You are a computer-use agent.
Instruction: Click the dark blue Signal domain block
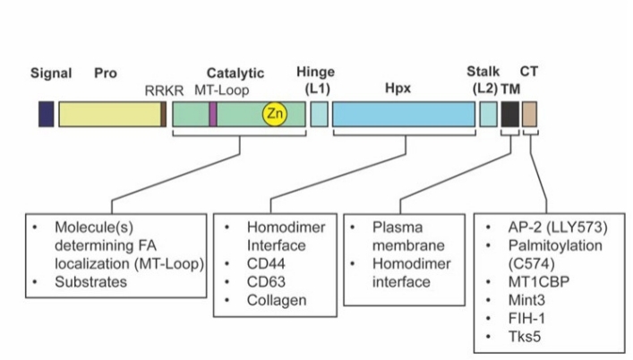[x=46, y=114]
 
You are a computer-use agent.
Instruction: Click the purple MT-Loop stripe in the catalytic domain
[x=212, y=114]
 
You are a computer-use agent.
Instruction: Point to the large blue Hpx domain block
[x=403, y=114]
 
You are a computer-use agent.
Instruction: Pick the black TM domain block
[x=509, y=114]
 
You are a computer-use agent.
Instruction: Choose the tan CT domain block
[x=530, y=114]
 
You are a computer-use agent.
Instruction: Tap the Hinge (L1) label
[x=319, y=81]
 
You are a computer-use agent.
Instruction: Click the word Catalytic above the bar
[x=235, y=73]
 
